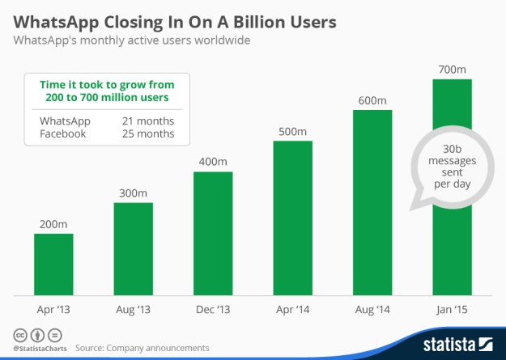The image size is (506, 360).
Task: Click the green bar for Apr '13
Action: tap(53, 265)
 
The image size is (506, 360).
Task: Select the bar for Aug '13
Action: tap(133, 248)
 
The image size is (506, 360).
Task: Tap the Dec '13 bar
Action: tap(213, 233)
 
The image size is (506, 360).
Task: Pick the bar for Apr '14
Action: tap(292, 218)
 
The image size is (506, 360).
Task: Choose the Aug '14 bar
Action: tap(372, 202)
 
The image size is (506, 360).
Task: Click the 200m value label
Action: tap(53, 224)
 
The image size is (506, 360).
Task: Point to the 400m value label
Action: tap(213, 162)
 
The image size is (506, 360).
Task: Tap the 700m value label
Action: tap(453, 70)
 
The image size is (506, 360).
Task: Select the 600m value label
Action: tap(372, 100)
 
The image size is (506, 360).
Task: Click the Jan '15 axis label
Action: tap(453, 310)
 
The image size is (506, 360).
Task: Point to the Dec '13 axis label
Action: tap(213, 310)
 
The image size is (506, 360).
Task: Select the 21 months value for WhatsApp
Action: tap(148, 121)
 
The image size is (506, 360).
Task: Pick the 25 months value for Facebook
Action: tap(148, 133)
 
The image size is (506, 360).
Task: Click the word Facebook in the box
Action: tap(63, 133)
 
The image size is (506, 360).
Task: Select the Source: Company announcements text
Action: tap(142, 348)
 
